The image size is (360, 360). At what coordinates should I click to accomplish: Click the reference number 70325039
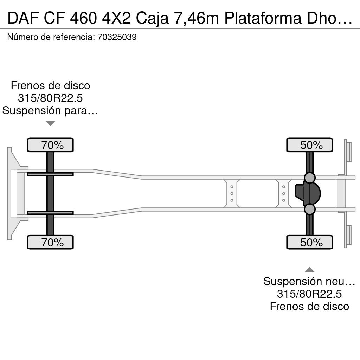[x=117, y=37]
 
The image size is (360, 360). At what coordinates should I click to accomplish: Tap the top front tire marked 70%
[x=50, y=145]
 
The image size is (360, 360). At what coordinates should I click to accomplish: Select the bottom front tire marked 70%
[x=50, y=242]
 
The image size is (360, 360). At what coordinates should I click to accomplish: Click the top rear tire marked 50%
[x=309, y=145]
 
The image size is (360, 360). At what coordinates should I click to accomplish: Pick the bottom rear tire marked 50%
[x=309, y=242]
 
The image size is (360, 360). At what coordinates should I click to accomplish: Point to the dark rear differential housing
[x=308, y=193]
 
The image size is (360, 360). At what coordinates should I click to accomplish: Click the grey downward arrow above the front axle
[x=50, y=123]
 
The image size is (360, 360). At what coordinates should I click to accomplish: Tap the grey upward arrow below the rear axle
[x=309, y=270]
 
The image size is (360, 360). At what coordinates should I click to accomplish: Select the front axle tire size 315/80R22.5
[x=50, y=98]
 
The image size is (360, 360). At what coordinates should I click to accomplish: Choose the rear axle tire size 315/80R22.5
[x=309, y=294]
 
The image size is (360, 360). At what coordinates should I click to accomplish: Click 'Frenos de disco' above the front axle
[x=50, y=86]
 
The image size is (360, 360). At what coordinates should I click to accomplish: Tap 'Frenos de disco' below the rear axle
[x=309, y=306]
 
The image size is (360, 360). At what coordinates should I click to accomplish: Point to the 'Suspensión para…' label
[x=50, y=111]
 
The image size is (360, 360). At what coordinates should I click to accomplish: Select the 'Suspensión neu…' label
[x=309, y=282]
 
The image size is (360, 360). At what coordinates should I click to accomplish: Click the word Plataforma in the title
[x=263, y=18]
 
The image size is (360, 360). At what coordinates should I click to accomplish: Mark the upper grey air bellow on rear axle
[x=309, y=178]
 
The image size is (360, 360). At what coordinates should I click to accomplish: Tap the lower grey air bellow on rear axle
[x=309, y=209]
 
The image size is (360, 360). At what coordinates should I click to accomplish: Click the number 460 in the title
[x=83, y=18]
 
